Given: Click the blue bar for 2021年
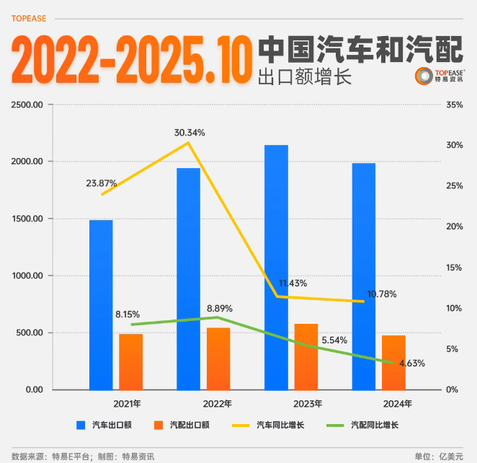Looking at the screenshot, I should (x=101, y=304).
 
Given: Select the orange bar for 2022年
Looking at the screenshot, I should (x=218, y=358).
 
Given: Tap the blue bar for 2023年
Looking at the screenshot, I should (x=276, y=267).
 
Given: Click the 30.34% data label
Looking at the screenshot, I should (x=190, y=133).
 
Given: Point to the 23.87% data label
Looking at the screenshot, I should (x=102, y=183).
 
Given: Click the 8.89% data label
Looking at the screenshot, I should (x=217, y=308).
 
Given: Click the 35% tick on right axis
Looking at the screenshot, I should (x=455, y=105).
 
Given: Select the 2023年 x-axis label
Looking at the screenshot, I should (x=307, y=403).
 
